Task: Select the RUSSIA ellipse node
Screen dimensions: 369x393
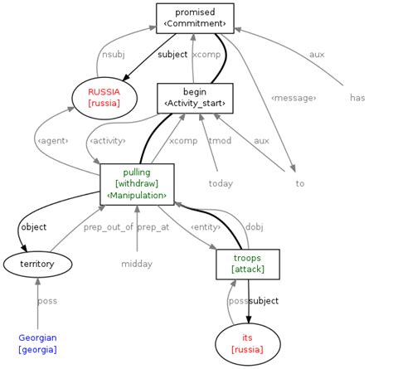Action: pyautogui.click(x=104, y=97)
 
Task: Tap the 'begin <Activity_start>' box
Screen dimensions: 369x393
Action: pyautogui.click(x=195, y=97)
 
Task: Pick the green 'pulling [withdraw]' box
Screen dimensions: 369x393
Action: pyautogui.click(x=137, y=183)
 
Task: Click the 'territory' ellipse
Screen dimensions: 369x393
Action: pyautogui.click(x=37, y=265)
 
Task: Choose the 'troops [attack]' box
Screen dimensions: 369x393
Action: pyautogui.click(x=247, y=264)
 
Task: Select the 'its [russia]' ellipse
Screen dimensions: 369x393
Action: pyautogui.click(x=247, y=343)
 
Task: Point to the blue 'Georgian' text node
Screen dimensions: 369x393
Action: pyautogui.click(x=38, y=343)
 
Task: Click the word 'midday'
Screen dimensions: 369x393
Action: pyautogui.click(x=137, y=265)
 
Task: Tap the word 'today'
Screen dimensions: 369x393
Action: pyautogui.click(x=221, y=183)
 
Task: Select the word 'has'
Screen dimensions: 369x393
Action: pyautogui.click(x=357, y=97)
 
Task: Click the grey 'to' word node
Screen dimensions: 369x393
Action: pyautogui.click(x=300, y=183)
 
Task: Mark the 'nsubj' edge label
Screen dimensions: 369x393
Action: pyautogui.click(x=111, y=55)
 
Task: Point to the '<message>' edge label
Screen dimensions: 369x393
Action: pyautogui.click(x=294, y=98)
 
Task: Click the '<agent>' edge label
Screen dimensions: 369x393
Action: pyautogui.click(x=52, y=141)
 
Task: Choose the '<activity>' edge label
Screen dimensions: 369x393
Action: pyautogui.click(x=109, y=141)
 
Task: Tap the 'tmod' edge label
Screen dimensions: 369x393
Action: pyautogui.click(x=220, y=141)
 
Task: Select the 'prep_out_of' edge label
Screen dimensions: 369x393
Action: pyautogui.click(x=108, y=227)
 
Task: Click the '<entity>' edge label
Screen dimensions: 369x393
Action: pyautogui.click(x=205, y=227)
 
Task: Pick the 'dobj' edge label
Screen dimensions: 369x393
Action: pyautogui.click(x=254, y=227)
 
